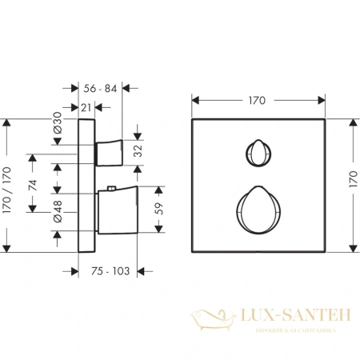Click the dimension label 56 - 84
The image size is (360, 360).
pos(100,88)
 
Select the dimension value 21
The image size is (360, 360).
pos(86,108)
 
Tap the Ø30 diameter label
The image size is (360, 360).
pos(58,123)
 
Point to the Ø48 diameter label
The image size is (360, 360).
pos(58,211)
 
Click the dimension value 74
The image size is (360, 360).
pos(33,185)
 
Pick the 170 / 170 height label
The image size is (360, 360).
pos(6,190)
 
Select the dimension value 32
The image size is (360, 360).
pos(138,151)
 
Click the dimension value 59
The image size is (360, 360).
pos(159,209)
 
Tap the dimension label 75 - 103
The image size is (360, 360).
pos(110,271)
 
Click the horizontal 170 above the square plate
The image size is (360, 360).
pos(257,101)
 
